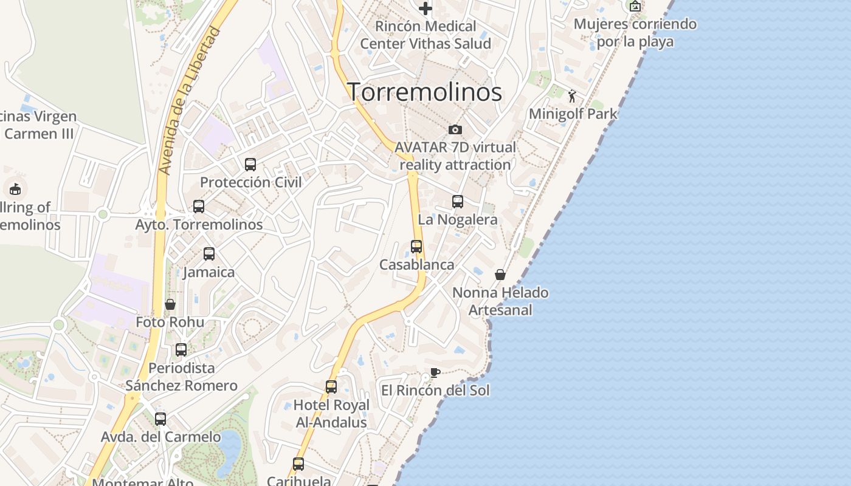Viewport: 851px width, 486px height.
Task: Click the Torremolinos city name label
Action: click(424, 92)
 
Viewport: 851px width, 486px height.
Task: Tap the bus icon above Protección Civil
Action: click(250, 164)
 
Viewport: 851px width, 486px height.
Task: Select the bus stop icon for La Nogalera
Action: click(458, 202)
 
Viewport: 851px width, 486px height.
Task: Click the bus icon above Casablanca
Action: click(416, 247)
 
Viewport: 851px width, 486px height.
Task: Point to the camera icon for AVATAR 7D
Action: click(455, 129)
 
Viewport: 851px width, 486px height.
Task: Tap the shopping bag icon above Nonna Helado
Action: click(500, 275)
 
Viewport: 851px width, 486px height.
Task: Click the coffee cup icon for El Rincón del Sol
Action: click(435, 372)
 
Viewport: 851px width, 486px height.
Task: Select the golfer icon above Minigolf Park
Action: click(572, 96)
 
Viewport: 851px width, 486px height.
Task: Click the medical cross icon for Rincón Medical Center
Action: click(425, 9)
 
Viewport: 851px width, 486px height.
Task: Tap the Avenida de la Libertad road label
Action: click(188, 101)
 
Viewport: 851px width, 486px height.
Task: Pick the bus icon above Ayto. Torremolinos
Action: click(199, 207)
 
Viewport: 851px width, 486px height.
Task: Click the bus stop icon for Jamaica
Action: click(209, 254)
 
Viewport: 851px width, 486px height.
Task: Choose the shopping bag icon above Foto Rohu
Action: click(170, 304)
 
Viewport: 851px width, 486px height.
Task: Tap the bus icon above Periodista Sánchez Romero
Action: click(181, 350)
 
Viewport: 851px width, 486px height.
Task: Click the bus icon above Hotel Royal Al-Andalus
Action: click(331, 387)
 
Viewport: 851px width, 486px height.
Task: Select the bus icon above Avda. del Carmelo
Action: click(160, 419)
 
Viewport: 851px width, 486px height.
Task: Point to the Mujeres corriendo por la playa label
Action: click(635, 33)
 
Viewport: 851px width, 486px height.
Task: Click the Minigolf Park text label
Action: click(573, 114)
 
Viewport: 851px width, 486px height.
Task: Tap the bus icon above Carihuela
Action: click(298, 464)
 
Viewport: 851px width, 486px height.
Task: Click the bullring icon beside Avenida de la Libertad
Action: click(15, 189)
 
